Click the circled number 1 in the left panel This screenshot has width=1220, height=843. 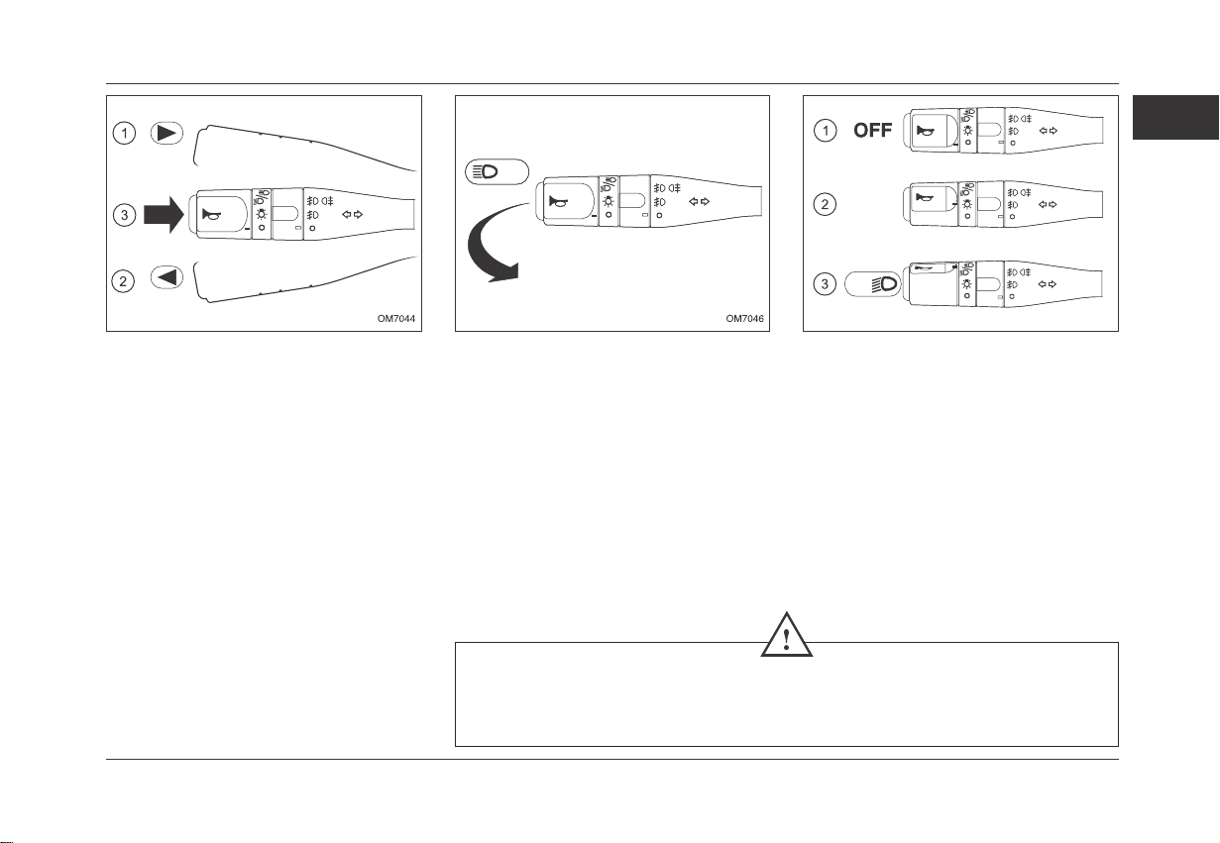(x=124, y=134)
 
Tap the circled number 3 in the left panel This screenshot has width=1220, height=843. (x=124, y=215)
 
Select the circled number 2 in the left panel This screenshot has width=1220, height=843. (x=123, y=281)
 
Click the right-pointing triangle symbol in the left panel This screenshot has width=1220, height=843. (x=166, y=133)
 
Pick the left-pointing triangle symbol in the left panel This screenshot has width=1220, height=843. (x=166, y=277)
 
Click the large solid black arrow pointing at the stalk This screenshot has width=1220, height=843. (x=164, y=215)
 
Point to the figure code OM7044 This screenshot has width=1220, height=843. (x=396, y=318)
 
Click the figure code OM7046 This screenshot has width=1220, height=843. (x=744, y=318)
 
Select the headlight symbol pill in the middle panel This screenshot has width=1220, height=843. (x=497, y=172)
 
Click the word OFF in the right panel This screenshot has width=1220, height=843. (x=872, y=131)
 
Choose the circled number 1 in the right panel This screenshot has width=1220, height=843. (x=826, y=131)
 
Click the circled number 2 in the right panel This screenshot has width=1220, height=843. (x=825, y=205)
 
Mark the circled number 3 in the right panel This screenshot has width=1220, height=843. (x=825, y=284)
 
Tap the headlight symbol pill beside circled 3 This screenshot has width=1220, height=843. (x=872, y=284)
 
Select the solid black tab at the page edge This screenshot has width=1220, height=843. (x=1175, y=117)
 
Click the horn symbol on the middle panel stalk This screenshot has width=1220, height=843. (x=558, y=202)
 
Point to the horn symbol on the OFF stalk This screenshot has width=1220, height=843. (x=926, y=131)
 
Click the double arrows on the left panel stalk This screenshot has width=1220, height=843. (x=352, y=214)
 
